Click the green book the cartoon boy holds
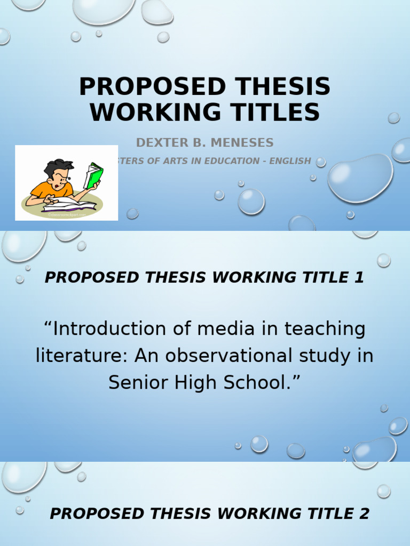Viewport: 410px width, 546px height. point(94,175)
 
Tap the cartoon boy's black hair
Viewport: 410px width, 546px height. point(58,168)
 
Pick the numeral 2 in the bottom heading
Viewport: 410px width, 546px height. point(364,513)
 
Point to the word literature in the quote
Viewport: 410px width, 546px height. point(81,356)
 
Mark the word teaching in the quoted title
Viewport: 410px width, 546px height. point(325,328)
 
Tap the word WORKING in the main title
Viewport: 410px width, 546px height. point(146,113)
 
